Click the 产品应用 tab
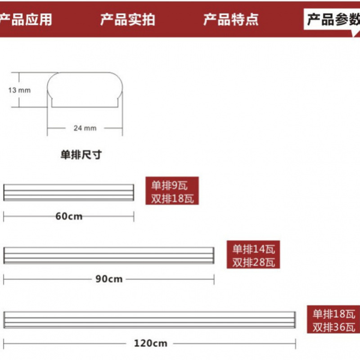coord(26,19)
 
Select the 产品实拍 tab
coord(128,19)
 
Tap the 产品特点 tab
coord(231,19)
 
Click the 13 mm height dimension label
coord(19,90)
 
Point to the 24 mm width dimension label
coord(85,128)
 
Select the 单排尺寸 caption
coord(81,155)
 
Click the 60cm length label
coord(69,216)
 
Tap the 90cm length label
coord(109,279)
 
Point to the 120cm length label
coord(150,343)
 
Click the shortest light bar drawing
coord(69,192)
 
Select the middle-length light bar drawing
coord(109,255)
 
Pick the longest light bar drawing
coord(149,319)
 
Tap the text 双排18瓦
coord(172,198)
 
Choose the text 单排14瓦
coord(253,248)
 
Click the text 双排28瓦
coord(253,262)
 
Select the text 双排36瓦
coord(334,327)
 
